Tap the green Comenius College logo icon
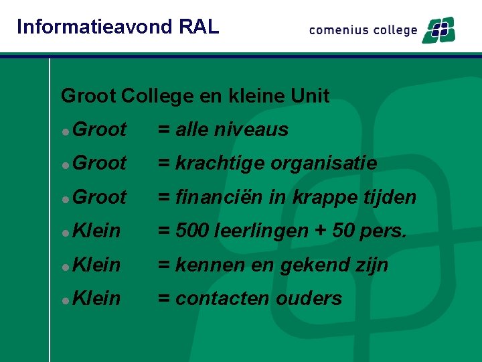click(438, 30)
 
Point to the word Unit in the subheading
click(311, 96)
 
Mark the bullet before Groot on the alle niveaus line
click(65, 131)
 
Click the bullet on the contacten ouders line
click(65, 300)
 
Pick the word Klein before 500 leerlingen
click(96, 231)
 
